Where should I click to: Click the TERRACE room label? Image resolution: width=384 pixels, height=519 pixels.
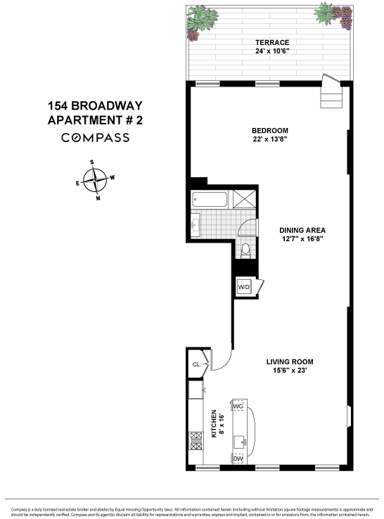(x=271, y=42)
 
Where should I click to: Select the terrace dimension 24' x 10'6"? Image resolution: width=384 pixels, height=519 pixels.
(x=271, y=51)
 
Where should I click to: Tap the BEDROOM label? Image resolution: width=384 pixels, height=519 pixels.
(x=271, y=131)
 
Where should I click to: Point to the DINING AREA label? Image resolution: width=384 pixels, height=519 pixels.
(x=302, y=230)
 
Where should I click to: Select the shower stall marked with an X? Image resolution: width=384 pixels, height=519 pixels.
(x=243, y=200)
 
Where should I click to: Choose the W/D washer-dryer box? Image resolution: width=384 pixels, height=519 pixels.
(x=244, y=287)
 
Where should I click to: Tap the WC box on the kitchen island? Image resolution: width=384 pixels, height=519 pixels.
(x=238, y=407)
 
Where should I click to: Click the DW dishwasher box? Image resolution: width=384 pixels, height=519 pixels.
(x=238, y=459)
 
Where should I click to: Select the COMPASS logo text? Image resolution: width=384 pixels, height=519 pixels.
(x=95, y=138)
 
